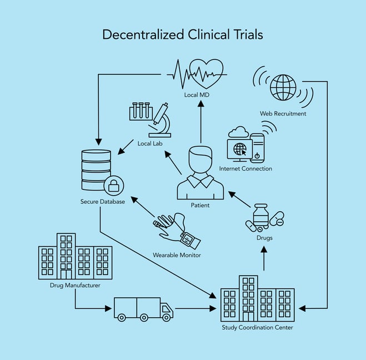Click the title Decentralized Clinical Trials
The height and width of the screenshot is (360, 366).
point(183,34)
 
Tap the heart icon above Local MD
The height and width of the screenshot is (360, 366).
point(206,73)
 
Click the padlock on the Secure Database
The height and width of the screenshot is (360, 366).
point(114,185)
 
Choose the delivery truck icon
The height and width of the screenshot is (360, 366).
point(143,309)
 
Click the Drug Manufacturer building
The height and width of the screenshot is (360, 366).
point(74,256)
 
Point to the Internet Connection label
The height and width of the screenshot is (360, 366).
point(245,168)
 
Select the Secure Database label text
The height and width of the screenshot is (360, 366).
point(102,201)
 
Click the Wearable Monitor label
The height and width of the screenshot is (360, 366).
point(177,255)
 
